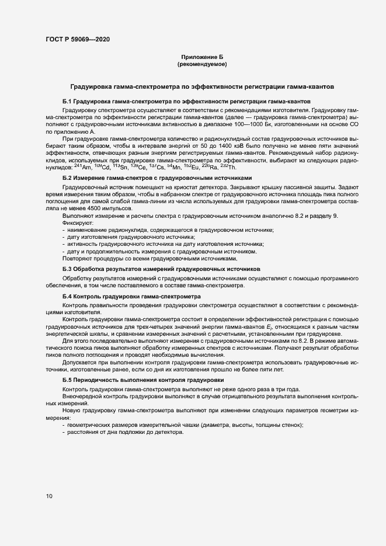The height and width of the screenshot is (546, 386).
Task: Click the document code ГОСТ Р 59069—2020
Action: click(x=76, y=39)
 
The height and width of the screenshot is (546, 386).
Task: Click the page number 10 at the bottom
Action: click(x=49, y=496)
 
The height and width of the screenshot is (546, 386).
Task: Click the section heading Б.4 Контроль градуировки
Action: click(x=131, y=297)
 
